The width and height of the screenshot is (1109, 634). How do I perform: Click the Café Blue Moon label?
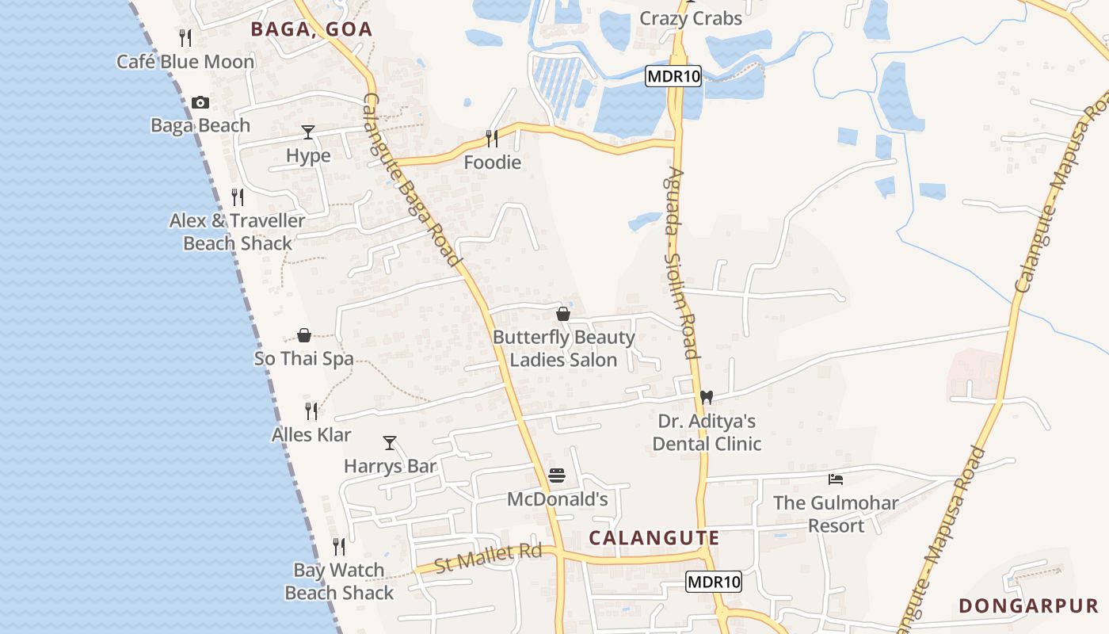(185, 62)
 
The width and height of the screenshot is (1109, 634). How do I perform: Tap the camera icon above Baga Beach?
(200, 102)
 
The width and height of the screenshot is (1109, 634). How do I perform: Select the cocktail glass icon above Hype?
(308, 132)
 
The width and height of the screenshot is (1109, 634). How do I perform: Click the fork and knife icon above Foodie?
(492, 139)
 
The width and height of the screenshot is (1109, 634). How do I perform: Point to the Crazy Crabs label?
(691, 18)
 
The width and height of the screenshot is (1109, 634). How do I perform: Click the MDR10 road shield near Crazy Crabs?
(673, 76)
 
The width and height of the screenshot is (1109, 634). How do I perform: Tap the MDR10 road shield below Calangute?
(714, 582)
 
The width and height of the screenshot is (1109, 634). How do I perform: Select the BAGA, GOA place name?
(311, 30)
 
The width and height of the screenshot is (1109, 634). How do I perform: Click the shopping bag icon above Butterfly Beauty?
(563, 314)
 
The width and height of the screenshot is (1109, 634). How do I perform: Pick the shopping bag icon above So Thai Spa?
(304, 335)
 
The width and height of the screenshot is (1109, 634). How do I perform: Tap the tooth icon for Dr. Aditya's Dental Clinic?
(707, 397)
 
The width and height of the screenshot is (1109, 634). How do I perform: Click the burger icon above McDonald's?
(557, 475)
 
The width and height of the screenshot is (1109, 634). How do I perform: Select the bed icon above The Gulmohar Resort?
(835, 479)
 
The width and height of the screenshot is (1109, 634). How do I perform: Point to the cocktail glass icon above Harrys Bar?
(389, 442)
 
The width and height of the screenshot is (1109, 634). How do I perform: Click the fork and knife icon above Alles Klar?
(311, 411)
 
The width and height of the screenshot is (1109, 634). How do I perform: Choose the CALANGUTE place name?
(654, 538)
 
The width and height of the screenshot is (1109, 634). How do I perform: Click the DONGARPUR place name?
(1028, 606)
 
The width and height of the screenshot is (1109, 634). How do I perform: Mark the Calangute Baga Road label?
(411, 181)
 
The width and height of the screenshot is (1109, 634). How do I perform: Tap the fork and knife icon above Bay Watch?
(339, 546)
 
